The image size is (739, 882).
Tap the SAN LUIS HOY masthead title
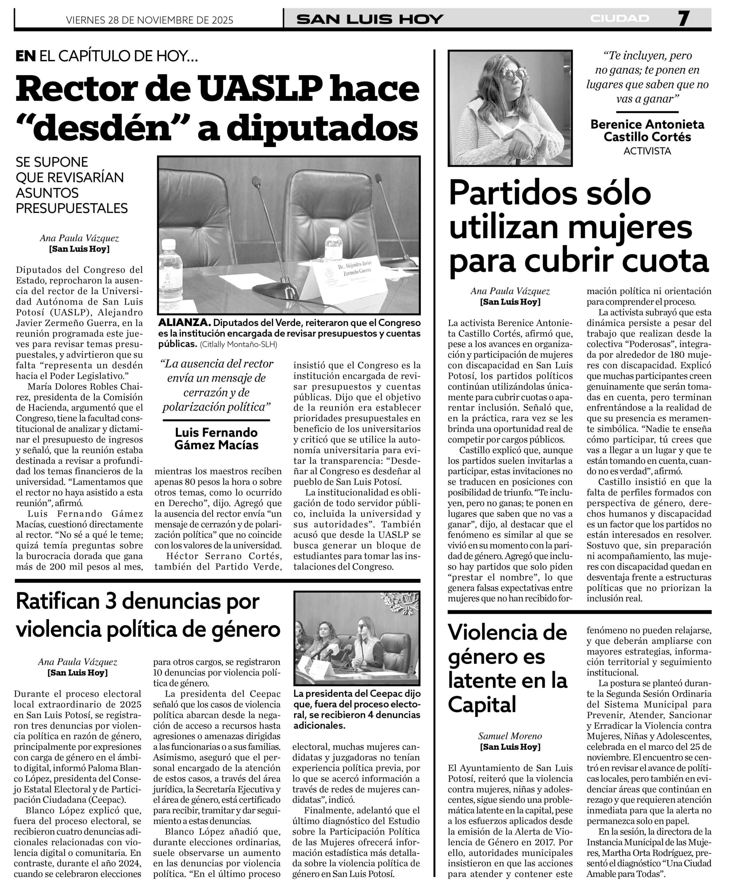369,19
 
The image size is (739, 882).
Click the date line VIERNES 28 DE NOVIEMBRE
150,20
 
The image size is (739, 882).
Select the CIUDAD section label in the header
619,19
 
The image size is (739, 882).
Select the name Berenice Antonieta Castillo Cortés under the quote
647,131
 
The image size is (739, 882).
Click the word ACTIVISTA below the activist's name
647,151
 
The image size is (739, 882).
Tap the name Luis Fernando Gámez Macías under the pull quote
216,439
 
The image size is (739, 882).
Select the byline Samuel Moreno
510,736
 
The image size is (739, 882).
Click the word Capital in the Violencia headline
482,704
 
